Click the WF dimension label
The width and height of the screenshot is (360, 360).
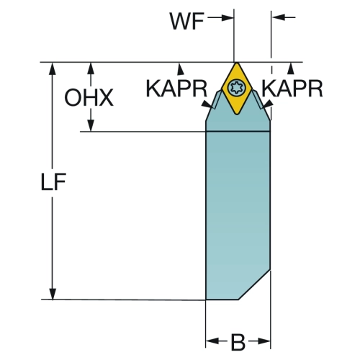(187, 21)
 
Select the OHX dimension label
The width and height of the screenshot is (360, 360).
(89, 97)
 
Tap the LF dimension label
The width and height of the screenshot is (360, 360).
(53, 181)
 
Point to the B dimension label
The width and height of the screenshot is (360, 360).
(238, 342)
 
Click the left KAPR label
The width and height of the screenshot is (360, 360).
(176, 89)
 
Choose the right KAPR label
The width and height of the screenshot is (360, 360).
(292, 89)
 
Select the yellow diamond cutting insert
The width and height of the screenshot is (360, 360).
(237, 89)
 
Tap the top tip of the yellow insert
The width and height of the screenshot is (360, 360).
(237, 63)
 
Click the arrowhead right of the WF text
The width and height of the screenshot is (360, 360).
(228, 17)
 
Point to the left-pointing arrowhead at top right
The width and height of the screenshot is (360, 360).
(278, 17)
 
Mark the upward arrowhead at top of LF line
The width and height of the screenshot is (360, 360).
(52, 68)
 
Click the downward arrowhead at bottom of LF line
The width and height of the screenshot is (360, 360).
(53, 294)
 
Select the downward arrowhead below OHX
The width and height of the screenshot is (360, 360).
(91, 125)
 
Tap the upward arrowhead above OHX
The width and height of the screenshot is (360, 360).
(91, 68)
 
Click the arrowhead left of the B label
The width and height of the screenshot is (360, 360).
(212, 341)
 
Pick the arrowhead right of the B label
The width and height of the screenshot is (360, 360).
(264, 341)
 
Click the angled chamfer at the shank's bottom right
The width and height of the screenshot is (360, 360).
(254, 284)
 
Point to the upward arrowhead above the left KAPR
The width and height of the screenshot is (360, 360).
(181, 68)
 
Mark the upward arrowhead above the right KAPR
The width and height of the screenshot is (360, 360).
(291, 68)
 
